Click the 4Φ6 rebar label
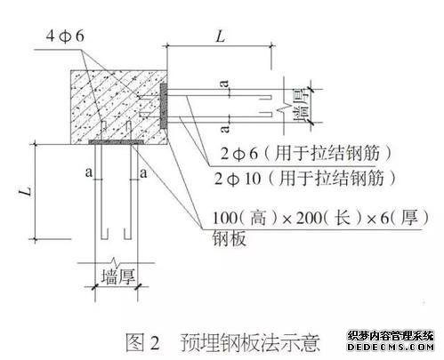(x=65, y=36)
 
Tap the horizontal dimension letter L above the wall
(x=221, y=36)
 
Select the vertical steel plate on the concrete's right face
(x=163, y=106)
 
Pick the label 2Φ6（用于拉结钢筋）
(x=306, y=154)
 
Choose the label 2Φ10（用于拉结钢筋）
(x=306, y=179)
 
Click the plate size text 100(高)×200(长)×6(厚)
(x=321, y=218)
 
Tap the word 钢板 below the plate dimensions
(x=230, y=238)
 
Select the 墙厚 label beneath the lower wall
(x=118, y=276)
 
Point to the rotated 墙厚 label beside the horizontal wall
(x=301, y=106)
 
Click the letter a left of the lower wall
(x=89, y=172)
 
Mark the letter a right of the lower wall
(x=143, y=172)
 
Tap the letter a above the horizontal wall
(x=225, y=84)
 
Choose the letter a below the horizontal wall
(x=225, y=128)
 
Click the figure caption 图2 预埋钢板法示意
(x=222, y=342)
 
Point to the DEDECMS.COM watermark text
(x=391, y=347)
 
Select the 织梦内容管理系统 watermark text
(x=391, y=336)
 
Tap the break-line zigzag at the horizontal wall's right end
(x=284, y=106)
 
